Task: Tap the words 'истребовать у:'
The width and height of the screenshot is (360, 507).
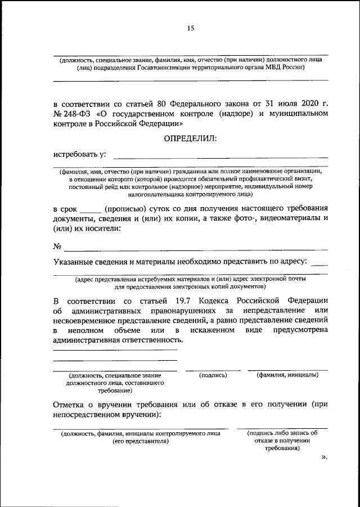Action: point(80,154)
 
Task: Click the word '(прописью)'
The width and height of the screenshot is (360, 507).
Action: point(124,208)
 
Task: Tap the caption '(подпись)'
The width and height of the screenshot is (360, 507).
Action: point(213,374)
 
